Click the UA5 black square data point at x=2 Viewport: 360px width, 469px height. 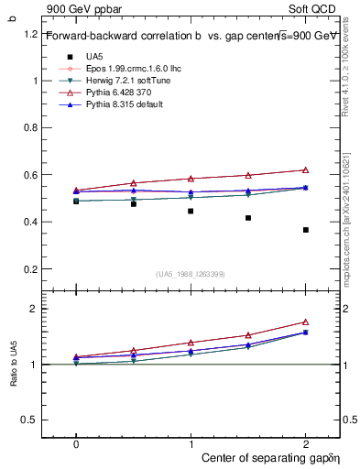coord(306,230)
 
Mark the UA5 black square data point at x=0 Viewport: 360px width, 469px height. coord(76,201)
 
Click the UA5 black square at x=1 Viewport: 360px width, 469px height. coord(191,211)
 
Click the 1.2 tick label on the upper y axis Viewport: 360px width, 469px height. coord(30,34)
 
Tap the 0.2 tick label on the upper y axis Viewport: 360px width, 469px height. coord(30,268)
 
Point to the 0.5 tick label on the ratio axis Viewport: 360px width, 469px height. coord(30,420)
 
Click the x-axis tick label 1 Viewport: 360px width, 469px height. coord(191,443)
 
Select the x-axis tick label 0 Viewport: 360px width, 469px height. coord(76,443)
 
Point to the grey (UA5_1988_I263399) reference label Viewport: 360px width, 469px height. coord(191,274)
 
